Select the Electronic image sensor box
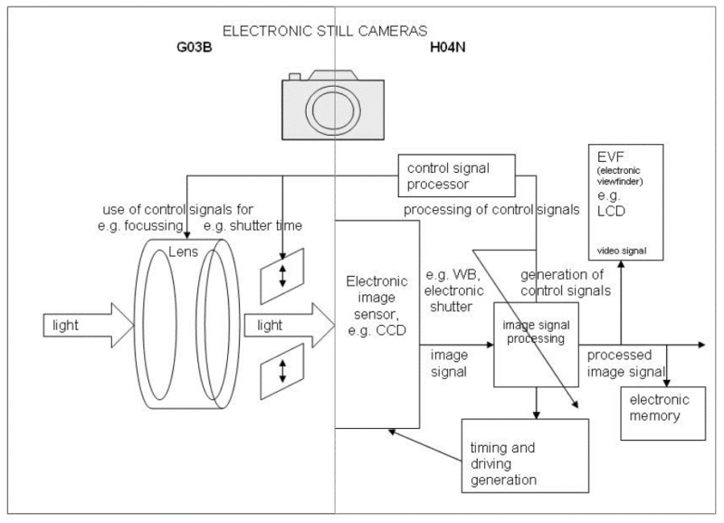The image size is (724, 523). [x=376, y=323]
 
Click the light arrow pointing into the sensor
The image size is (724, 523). [x=283, y=323]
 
